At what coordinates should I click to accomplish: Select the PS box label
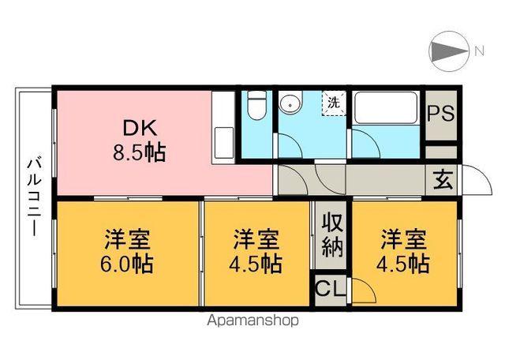[x=440, y=111]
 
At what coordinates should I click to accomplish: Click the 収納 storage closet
[x=331, y=236]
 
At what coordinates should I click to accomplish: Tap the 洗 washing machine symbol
[x=334, y=103]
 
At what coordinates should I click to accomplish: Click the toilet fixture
[x=255, y=106]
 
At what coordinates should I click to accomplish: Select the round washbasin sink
[x=290, y=103]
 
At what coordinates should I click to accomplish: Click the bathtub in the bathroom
[x=387, y=107]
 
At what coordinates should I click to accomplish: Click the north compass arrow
[x=449, y=52]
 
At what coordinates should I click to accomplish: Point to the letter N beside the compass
[x=478, y=52]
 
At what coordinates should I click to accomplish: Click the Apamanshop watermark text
[x=252, y=321]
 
